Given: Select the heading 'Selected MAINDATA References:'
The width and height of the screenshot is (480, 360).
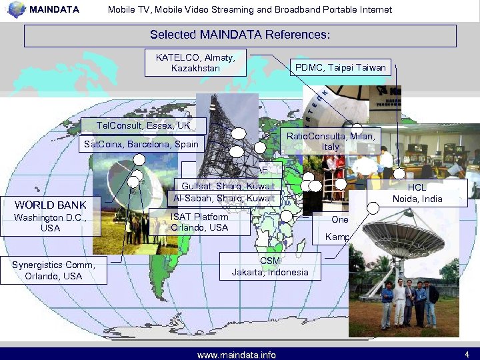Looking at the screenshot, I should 240,35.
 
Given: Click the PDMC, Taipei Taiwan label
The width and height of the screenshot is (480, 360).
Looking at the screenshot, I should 340,67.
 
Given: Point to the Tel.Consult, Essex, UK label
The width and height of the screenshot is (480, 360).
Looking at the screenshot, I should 143,125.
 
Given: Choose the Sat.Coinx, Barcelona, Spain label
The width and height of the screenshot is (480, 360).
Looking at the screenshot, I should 141,144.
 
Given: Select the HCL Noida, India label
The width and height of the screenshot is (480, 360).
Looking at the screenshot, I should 417,193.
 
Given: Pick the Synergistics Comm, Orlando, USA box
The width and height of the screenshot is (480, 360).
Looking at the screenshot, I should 53,270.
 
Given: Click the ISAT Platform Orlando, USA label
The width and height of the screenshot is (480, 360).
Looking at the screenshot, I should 199,222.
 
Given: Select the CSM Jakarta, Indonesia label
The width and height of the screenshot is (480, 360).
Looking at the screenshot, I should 270,267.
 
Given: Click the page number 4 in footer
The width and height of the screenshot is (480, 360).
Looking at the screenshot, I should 467,354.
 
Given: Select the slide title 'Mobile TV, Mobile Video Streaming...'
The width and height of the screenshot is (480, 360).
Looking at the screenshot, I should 249,9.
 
